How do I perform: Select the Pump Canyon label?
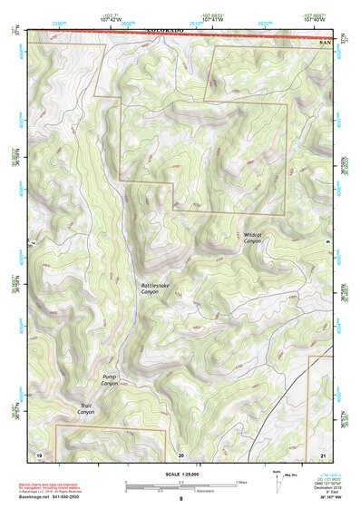pos(110,380)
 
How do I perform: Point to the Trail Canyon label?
pos(86,408)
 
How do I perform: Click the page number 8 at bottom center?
pos(180,499)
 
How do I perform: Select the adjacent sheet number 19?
pos(39,454)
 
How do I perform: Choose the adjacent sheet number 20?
pos(180,454)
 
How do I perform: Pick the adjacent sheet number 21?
pos(323,454)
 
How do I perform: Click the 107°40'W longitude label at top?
pos(315,19)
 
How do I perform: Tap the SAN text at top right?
pos(325,43)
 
